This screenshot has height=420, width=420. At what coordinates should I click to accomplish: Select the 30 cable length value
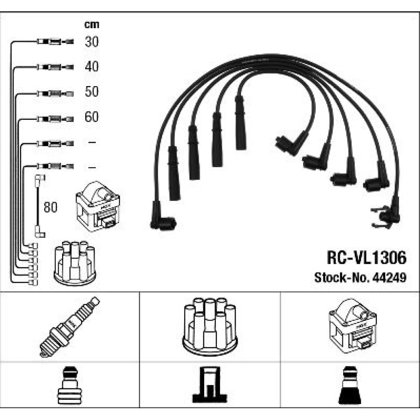pos(92,42)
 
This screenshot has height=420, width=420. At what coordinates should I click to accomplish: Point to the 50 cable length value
pos(92,92)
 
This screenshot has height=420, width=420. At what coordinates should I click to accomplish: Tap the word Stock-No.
pos(340,278)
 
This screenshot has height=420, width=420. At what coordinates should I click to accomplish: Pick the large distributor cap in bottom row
pos(210,325)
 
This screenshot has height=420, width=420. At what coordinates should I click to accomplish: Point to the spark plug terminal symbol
pos(69,385)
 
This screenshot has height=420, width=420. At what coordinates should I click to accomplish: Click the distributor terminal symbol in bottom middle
pos(210,385)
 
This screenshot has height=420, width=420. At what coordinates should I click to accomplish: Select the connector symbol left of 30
pos(55,42)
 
